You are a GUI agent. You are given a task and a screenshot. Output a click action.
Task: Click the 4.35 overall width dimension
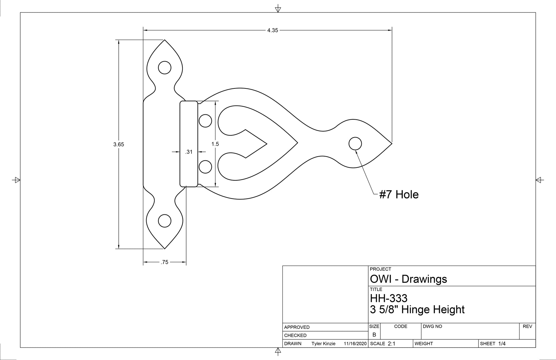(272, 30)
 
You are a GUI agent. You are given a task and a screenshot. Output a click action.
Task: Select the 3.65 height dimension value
(119, 144)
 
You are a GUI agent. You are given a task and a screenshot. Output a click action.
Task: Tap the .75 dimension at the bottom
(164, 262)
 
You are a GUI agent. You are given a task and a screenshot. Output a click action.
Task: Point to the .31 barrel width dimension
(189, 152)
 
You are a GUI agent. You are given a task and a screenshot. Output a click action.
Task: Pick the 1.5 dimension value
(215, 144)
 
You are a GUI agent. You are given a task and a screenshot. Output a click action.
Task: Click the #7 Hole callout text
(399, 194)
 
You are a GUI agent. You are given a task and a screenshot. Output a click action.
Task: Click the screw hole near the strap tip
(355, 144)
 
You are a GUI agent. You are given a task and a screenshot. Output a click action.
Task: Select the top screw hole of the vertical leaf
(165, 67)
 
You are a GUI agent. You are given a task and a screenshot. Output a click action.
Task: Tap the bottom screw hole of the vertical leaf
(165, 221)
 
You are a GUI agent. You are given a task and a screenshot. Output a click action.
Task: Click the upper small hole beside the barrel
(205, 121)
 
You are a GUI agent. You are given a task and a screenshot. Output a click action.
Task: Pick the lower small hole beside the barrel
(205, 167)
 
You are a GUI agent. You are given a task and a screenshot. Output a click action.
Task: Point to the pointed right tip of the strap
(391, 144)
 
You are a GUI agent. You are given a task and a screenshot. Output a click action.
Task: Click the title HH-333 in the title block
(389, 298)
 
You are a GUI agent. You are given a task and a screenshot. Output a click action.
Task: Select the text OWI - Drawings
(408, 279)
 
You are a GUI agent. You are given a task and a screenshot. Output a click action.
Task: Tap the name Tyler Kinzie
(323, 343)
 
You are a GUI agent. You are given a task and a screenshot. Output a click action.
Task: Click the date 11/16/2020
(355, 343)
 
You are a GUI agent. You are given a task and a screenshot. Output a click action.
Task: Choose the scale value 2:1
(391, 343)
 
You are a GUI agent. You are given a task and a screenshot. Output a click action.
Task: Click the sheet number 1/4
(502, 343)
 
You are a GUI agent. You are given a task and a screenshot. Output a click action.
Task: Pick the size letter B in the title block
(374, 335)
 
